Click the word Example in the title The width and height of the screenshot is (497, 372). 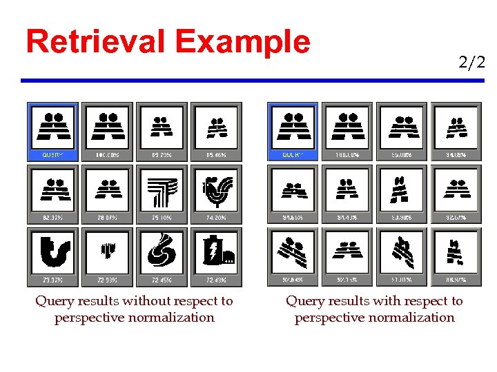[x=243, y=43]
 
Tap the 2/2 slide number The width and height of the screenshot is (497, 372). [x=471, y=63]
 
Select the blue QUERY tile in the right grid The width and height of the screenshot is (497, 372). [x=293, y=131]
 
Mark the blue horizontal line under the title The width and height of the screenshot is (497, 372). [x=253, y=81]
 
